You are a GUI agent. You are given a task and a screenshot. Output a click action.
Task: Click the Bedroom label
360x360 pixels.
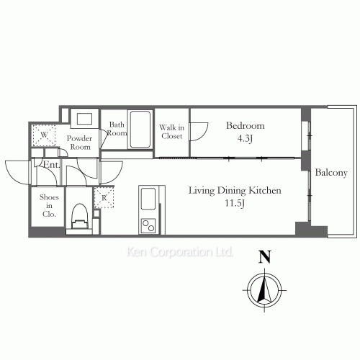[x=245, y=126]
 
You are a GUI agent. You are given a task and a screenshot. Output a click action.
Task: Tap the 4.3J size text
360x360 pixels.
[x=245, y=139]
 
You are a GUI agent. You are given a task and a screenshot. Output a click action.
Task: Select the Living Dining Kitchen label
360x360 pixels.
[x=235, y=191]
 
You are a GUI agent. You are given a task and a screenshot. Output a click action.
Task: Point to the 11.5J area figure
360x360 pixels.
[x=235, y=203]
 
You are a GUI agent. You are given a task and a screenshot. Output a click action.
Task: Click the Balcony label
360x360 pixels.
[x=331, y=173]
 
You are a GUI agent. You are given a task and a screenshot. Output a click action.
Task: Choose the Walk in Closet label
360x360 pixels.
[x=172, y=132]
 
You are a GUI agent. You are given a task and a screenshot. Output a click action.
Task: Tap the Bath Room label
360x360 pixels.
[x=117, y=129]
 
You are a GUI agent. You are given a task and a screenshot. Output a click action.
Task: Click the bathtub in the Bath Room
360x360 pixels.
[x=140, y=129]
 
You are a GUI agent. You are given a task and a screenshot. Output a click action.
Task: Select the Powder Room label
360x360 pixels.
[x=80, y=143]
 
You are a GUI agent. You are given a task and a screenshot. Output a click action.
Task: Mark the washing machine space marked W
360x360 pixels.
[x=44, y=135]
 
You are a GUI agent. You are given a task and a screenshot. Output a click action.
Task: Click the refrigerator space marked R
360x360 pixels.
[x=104, y=198]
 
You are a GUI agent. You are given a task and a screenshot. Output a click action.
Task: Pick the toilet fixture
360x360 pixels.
[x=80, y=216]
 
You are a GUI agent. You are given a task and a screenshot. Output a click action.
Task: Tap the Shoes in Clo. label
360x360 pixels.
[x=49, y=206]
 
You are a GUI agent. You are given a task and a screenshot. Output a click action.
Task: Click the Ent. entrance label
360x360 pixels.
[x=51, y=165]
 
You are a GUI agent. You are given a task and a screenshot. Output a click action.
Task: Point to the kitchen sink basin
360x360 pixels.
[x=148, y=199]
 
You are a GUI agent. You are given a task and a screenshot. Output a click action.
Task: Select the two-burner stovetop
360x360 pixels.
[x=148, y=226]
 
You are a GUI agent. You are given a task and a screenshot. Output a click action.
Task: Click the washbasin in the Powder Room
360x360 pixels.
[x=84, y=119]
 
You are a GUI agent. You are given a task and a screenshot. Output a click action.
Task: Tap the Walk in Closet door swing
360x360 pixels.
[x=199, y=132]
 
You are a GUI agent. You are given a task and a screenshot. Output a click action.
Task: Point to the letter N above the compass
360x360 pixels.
[x=265, y=256]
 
